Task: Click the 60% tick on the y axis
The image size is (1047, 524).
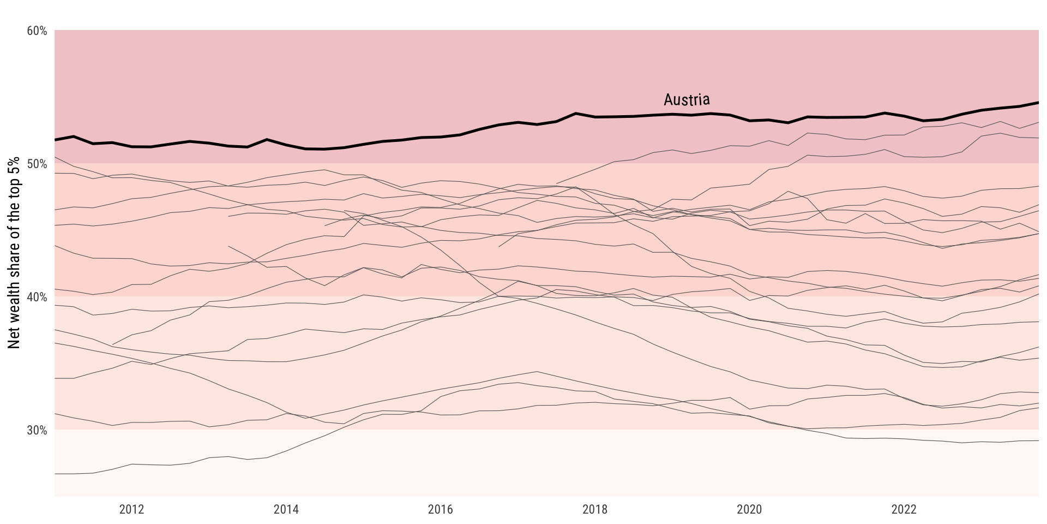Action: pyautogui.click(x=37, y=31)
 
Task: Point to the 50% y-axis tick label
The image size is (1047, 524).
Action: pyautogui.click(x=37, y=164)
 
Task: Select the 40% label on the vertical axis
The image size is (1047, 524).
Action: pyautogui.click(x=37, y=297)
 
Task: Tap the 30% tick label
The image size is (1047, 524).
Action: pyautogui.click(x=37, y=431)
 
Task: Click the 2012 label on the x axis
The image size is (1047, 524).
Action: pyautogui.click(x=131, y=510)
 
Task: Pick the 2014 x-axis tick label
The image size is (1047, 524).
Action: pyautogui.click(x=286, y=510)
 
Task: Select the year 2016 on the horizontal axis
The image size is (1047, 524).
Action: pyautogui.click(x=440, y=510)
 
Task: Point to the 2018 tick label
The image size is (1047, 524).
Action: pyautogui.click(x=594, y=510)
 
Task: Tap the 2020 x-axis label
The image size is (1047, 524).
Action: pyautogui.click(x=749, y=510)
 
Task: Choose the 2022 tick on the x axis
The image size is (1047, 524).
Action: pyautogui.click(x=904, y=510)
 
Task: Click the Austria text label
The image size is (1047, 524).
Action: pyautogui.click(x=687, y=99)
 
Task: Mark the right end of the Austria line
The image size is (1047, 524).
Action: pyautogui.click(x=1038, y=103)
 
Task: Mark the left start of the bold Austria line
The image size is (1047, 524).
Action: pyautogui.click(x=56, y=140)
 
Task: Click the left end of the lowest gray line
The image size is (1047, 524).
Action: pyautogui.click(x=56, y=474)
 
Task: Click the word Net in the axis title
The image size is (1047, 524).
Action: pyautogui.click(x=14, y=338)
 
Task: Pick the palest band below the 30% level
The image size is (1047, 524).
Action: pyautogui.click(x=545, y=464)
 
